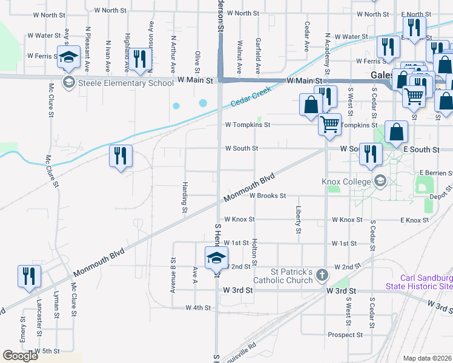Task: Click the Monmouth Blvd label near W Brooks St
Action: [x=250, y=188]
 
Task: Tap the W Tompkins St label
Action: [x=246, y=125]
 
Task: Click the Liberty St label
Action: [x=299, y=219]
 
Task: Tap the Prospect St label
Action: [x=345, y=335]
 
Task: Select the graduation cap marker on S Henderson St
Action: [x=216, y=258]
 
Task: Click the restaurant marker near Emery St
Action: [x=29, y=276]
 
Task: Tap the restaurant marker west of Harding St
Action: [x=121, y=156]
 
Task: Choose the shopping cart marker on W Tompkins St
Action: [x=330, y=124]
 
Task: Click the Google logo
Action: [x=20, y=356]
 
